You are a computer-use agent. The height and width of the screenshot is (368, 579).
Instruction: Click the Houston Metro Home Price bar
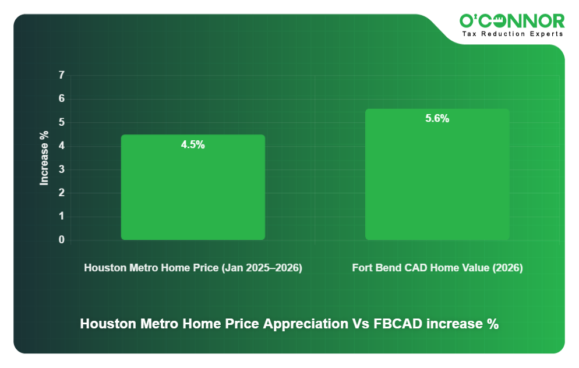coord(193,187)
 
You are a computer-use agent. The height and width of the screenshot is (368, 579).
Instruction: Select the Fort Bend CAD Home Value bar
coord(437,174)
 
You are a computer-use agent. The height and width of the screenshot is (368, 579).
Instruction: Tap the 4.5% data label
coord(193,145)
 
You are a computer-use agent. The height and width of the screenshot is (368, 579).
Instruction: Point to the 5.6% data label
coord(437,119)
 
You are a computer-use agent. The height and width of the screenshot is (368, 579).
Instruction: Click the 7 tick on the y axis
coord(61,75)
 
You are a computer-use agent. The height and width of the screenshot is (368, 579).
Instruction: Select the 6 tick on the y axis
coord(61,99)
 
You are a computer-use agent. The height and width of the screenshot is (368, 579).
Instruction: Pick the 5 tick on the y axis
coord(61,122)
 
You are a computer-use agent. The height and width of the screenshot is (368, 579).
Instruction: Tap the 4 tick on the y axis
coord(61,146)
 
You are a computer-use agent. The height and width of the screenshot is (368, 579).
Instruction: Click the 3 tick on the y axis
coord(61,169)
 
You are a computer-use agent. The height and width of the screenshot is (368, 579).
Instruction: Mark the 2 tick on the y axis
coord(61,193)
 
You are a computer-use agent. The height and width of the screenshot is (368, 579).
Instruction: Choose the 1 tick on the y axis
coord(61,217)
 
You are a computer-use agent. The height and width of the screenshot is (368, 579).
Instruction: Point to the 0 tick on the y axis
coord(61,240)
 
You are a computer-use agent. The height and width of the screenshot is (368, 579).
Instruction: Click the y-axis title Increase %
coord(44,158)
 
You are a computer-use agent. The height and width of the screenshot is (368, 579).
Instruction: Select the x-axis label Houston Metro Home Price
coord(193,268)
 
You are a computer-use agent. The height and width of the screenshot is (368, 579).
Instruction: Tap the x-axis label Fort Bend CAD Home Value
coord(437,268)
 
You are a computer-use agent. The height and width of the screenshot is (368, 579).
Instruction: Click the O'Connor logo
coord(512,22)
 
